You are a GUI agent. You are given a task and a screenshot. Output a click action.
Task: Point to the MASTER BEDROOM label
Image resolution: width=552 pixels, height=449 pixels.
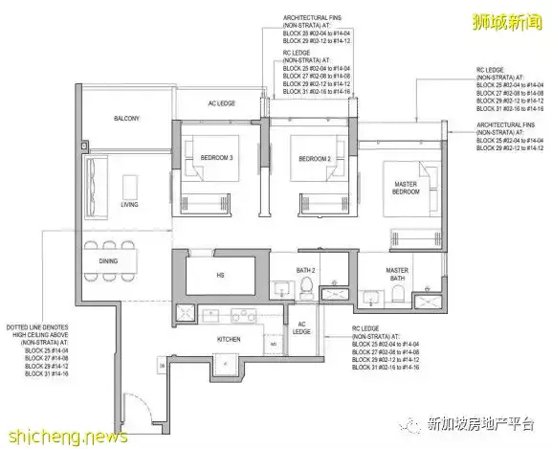403,188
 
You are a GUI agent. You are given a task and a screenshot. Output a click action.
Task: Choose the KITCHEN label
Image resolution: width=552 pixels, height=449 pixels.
230,339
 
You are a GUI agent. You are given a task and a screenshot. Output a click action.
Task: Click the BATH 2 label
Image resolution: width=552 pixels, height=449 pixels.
306,270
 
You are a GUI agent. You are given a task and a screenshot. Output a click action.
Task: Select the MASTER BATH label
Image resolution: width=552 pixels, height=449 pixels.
397,275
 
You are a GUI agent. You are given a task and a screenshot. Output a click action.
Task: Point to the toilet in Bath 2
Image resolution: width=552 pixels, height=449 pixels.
309,290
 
